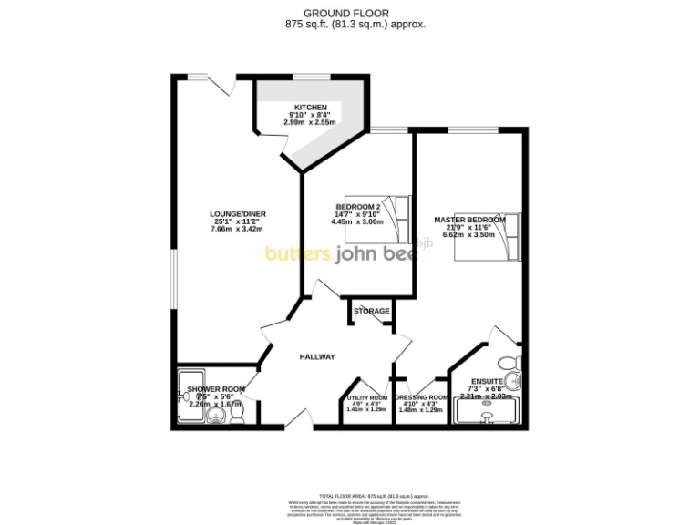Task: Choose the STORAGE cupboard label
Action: point(371,311)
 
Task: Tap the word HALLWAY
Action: point(318,356)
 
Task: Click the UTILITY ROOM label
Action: point(366,398)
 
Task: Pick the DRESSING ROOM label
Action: point(421,398)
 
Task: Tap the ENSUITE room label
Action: point(487,382)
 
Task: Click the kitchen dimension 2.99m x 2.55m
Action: point(310,122)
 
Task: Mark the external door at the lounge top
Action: point(223,85)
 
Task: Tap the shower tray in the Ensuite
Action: point(489,417)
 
